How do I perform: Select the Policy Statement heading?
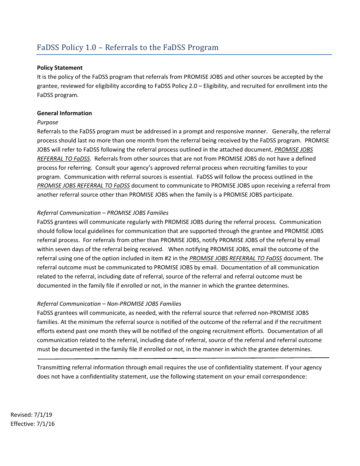pos(59,68)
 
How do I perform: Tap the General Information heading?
pos(64,113)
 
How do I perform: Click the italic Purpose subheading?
pos(47,122)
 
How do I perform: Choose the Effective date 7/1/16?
pos(33,424)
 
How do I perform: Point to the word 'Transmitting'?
pos(53,367)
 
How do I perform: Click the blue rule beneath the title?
pos(184,55)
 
